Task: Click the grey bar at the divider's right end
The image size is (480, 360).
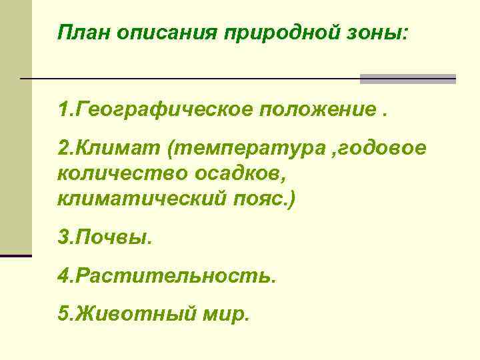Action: (x=407, y=79)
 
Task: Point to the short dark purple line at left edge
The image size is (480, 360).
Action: (x=16, y=255)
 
